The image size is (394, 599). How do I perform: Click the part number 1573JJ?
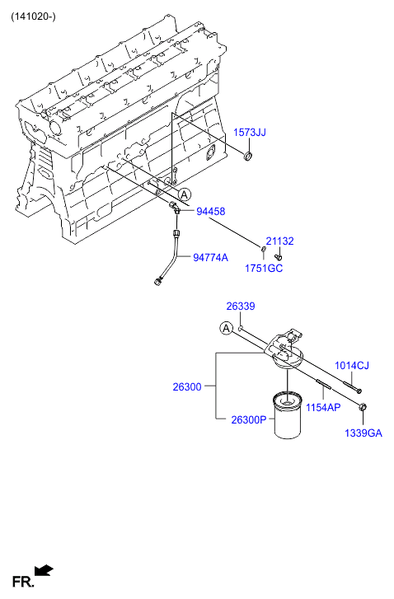tap(250, 133)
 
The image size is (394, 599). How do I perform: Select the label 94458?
tap(210, 211)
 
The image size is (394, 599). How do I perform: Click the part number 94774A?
tap(210, 258)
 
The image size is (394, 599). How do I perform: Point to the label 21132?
tap(279, 241)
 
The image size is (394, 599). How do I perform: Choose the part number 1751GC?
tap(264, 268)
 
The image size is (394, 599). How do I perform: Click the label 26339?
tap(241, 307)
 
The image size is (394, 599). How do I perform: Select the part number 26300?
tap(187, 387)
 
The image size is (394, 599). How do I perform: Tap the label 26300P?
tap(249, 420)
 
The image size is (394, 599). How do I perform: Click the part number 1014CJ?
tap(352, 366)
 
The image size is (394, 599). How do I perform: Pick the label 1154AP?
tap(323, 407)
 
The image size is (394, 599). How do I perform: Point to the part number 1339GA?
tap(364, 433)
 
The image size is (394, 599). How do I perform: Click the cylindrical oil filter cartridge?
tap(288, 415)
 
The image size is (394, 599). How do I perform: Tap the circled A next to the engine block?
tap(185, 194)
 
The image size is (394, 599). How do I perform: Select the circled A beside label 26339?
tap(227, 328)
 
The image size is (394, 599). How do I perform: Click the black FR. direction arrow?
tap(43, 570)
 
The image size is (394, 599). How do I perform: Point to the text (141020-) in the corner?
tap(33, 16)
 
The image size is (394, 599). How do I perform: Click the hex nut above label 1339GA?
tap(363, 407)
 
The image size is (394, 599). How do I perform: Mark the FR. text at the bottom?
tap(22, 582)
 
